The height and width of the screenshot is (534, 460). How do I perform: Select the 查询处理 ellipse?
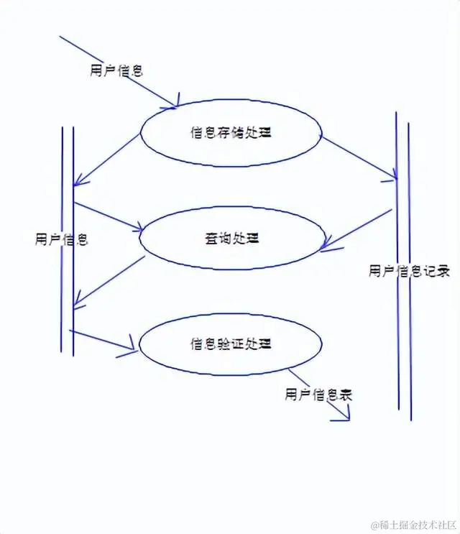[230, 238]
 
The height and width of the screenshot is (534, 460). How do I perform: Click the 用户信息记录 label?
[409, 271]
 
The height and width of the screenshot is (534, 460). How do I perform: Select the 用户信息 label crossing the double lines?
[62, 239]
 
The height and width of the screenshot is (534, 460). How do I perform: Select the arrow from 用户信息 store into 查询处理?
[107, 217]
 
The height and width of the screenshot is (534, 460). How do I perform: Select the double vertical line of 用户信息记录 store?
[403, 266]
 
